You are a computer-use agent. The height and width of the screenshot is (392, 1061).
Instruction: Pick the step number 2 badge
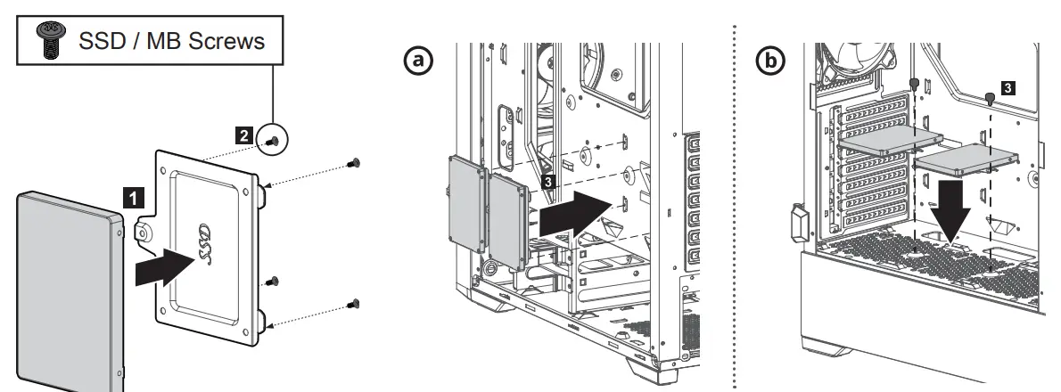[x=242, y=135]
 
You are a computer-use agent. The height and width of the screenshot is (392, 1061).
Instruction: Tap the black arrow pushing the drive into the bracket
[x=164, y=266]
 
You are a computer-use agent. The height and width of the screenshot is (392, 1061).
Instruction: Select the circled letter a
[x=417, y=61]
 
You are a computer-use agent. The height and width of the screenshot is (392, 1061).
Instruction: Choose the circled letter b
[x=770, y=61]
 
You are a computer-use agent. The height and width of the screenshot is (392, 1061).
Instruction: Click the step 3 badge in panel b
[x=1007, y=87]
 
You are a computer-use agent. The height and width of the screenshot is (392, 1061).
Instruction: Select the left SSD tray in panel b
[x=890, y=138]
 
